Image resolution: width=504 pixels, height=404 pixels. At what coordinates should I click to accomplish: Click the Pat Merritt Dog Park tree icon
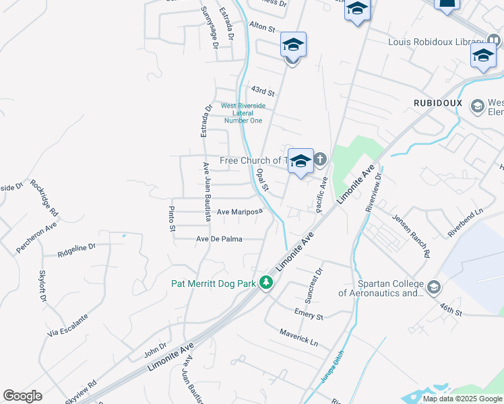(267, 283)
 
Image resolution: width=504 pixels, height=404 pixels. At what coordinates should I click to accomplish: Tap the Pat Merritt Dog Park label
(213, 283)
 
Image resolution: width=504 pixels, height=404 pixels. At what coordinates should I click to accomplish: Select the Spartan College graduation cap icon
(434, 288)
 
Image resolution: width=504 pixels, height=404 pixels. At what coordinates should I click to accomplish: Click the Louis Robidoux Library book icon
(495, 42)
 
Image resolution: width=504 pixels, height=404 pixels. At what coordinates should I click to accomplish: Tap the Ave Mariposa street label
(239, 211)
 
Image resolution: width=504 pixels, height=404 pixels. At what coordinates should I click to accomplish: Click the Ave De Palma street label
(219, 239)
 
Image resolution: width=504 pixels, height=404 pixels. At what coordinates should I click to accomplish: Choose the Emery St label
(309, 314)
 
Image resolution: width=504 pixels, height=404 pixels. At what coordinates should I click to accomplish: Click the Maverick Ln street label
(298, 337)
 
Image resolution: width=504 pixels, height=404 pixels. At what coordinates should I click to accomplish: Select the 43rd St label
(263, 90)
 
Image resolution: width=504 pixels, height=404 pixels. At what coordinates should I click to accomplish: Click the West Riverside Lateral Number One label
(243, 113)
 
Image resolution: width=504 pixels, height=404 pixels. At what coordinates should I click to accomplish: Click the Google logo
(22, 396)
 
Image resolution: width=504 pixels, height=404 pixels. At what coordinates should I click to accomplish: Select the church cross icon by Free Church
(319, 160)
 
